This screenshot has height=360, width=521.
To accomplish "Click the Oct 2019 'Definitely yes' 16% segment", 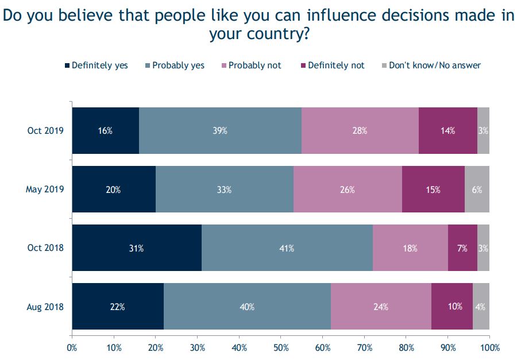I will coord(105,130).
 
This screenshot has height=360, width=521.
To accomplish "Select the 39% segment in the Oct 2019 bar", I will coord(220,130).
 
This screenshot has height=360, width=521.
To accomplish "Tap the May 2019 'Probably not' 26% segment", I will coord(348,189).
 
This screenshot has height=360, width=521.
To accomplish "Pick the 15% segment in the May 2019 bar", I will coord(433,189).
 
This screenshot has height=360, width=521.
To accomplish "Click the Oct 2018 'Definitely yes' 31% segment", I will coord(137,248).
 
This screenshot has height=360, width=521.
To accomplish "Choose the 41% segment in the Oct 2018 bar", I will coord(287,248).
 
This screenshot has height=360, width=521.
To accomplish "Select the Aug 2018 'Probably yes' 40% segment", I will coord(247,307).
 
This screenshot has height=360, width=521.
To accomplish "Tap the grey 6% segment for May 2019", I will coord(477,189).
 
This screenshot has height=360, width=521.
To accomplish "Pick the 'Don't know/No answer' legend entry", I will coord(434,65).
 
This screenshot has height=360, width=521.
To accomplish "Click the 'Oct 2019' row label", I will coord(45,131).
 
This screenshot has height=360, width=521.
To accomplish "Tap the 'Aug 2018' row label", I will coord(45,307).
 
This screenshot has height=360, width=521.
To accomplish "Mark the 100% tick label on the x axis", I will coord(489,347).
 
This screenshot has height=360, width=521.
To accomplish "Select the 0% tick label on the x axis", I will coord(72,347).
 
